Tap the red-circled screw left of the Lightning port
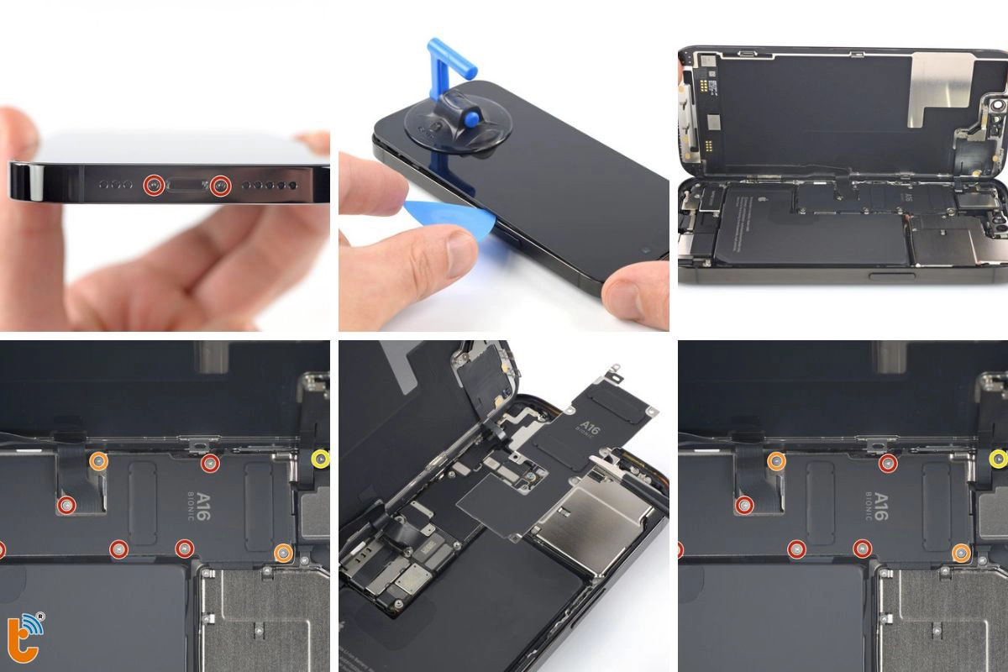coord(152,186)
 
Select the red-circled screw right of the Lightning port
coord(220,186)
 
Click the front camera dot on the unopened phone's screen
coord(644,250)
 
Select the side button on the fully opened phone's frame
coord(888,275)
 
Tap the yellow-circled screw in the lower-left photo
coord(320,459)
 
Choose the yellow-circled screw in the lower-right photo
coord(998,458)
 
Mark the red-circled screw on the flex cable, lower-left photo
coord(66,505)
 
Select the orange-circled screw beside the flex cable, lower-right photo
coord(775,460)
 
